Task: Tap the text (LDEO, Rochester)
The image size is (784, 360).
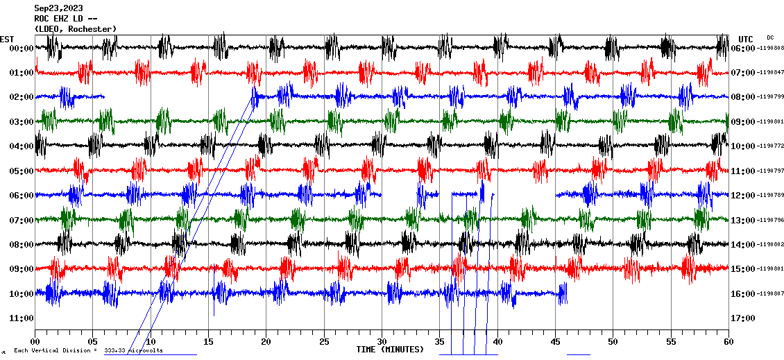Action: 75,28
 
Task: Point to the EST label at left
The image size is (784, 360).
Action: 7,39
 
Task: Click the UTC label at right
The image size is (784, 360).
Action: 746,39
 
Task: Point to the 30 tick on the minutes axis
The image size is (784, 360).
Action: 382,342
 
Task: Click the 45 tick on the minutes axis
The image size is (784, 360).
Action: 555,342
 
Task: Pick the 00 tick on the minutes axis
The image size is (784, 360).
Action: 35,342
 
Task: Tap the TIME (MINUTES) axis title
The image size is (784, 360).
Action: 390,350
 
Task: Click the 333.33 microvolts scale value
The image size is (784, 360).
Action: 133,351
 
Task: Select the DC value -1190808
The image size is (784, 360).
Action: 769,49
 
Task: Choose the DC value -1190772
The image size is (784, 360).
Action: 769,146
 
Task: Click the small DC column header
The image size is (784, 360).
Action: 770,37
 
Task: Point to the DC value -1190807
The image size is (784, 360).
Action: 769,294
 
